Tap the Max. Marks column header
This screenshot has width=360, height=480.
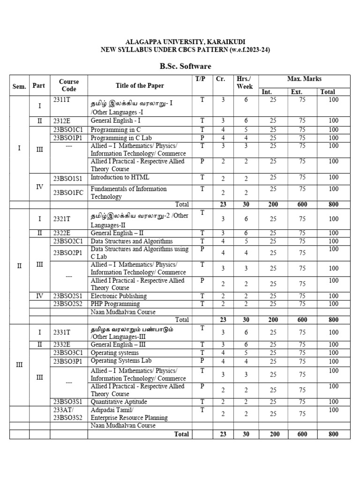(x=304, y=79)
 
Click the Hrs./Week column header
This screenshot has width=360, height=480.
(x=244, y=83)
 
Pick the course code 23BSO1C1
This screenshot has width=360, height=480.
(x=68, y=129)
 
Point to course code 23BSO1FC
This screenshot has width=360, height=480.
(x=68, y=192)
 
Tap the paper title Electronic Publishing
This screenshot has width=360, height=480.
(x=119, y=296)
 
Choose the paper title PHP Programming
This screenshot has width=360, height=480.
(x=116, y=304)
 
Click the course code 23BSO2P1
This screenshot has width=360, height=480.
(x=68, y=253)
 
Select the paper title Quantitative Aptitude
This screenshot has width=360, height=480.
(x=119, y=402)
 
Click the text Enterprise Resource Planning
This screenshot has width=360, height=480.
(x=129, y=417)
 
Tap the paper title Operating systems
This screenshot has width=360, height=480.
(x=115, y=352)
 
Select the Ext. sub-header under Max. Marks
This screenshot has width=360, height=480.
(x=296, y=92)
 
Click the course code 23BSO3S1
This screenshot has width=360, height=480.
(x=68, y=402)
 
